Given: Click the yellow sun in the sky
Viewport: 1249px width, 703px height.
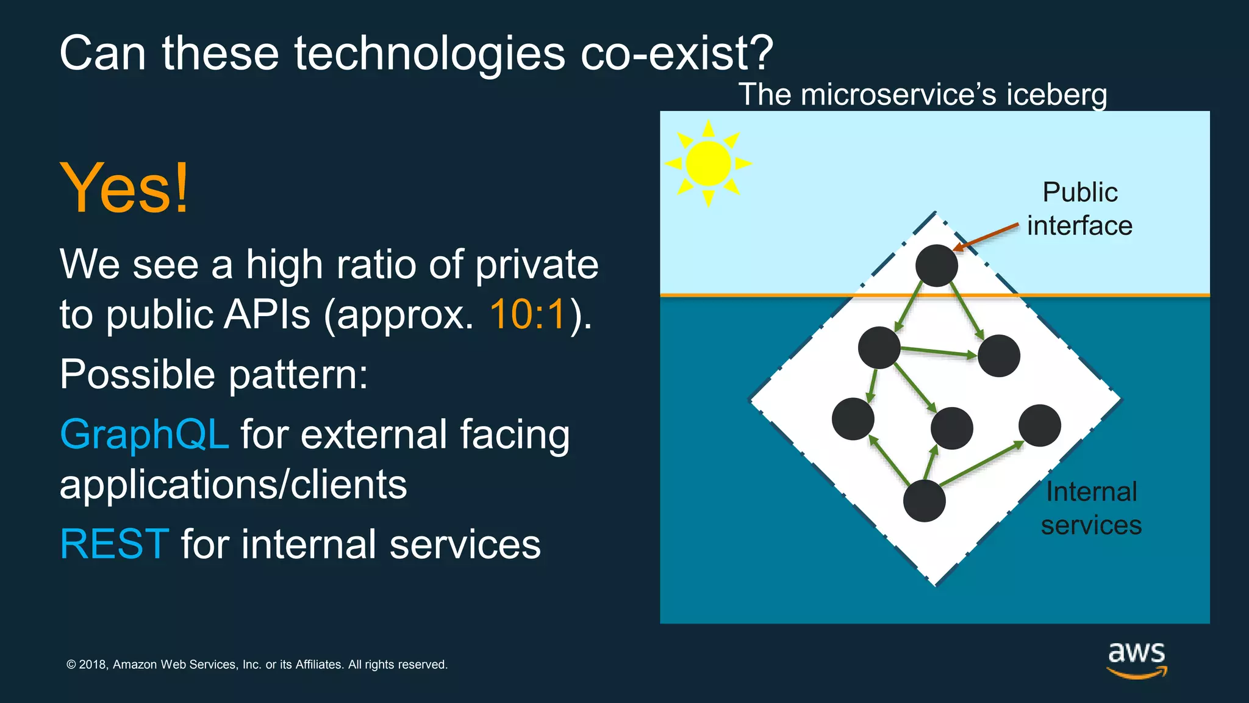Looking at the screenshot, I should pos(708,163).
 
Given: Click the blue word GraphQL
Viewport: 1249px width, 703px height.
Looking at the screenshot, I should pos(145,434).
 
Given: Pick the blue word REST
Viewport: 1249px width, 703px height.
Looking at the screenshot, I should pos(114,544).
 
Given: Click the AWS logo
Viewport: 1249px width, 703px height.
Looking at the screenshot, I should pos(1137,660).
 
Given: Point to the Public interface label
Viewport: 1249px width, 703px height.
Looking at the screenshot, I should pos(1079,209).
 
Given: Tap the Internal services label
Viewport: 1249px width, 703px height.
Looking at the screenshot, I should pos(1091,508).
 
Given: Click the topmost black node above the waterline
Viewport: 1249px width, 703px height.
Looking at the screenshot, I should pos(936,265).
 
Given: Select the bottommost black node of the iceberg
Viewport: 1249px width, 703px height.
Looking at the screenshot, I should pos(924,500).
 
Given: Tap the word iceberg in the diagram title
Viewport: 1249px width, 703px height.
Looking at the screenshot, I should pos(1056,95).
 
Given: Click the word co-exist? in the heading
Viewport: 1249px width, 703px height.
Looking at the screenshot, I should pos(676,54).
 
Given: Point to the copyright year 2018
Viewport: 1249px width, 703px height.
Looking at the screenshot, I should pos(93,665).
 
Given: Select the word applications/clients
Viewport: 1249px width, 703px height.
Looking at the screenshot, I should pos(233,485).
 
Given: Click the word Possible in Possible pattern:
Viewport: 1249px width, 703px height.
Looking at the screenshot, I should pos(137,374).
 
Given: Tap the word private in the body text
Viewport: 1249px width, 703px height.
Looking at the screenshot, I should pos(537,265).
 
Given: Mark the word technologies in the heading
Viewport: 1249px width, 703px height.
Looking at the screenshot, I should pos(430,54).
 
